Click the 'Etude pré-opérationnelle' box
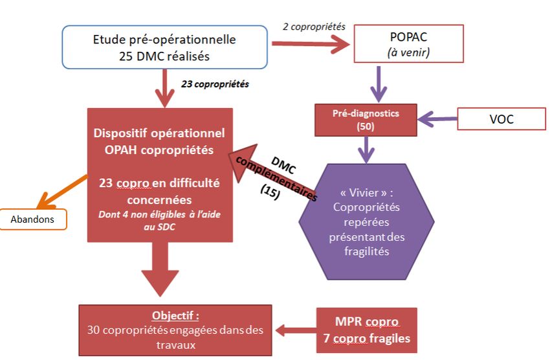point(164,47)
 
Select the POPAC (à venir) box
point(409,43)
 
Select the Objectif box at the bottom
point(175,330)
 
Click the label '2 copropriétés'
point(314,27)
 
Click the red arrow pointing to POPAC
point(310,44)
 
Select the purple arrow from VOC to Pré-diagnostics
point(437,118)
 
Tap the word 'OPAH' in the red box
point(127,151)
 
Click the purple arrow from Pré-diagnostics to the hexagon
point(366,150)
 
